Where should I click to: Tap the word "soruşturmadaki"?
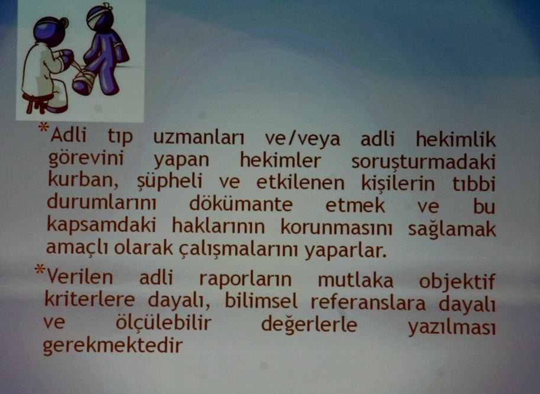(x=423, y=162)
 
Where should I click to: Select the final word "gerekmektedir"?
(x=112, y=345)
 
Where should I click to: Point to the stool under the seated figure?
(x=37, y=103)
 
